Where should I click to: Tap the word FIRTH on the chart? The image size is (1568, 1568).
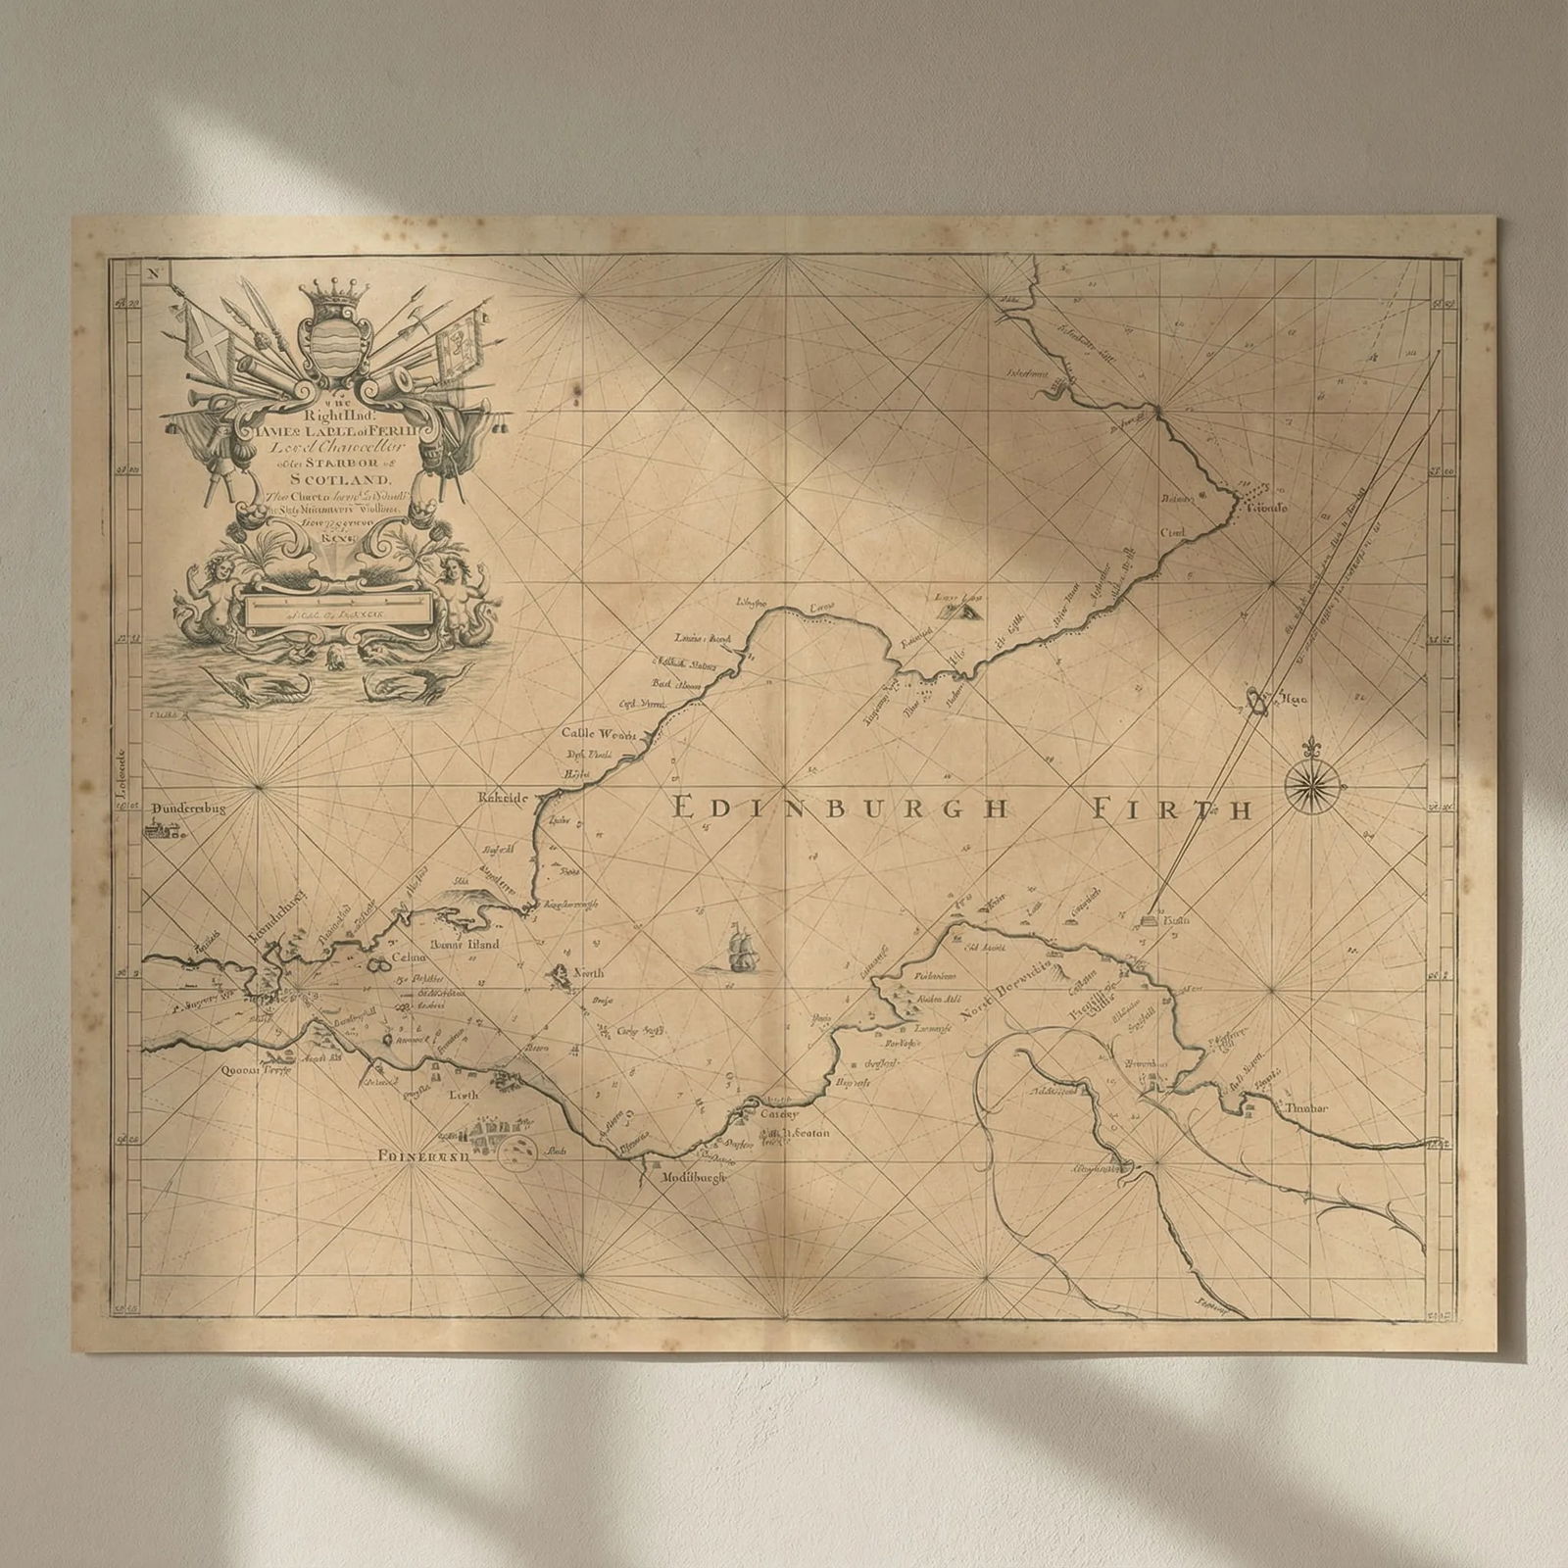click(x=1172, y=809)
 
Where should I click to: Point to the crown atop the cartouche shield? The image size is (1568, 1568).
click(x=336, y=293)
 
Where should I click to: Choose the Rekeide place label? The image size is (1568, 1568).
click(x=503, y=799)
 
